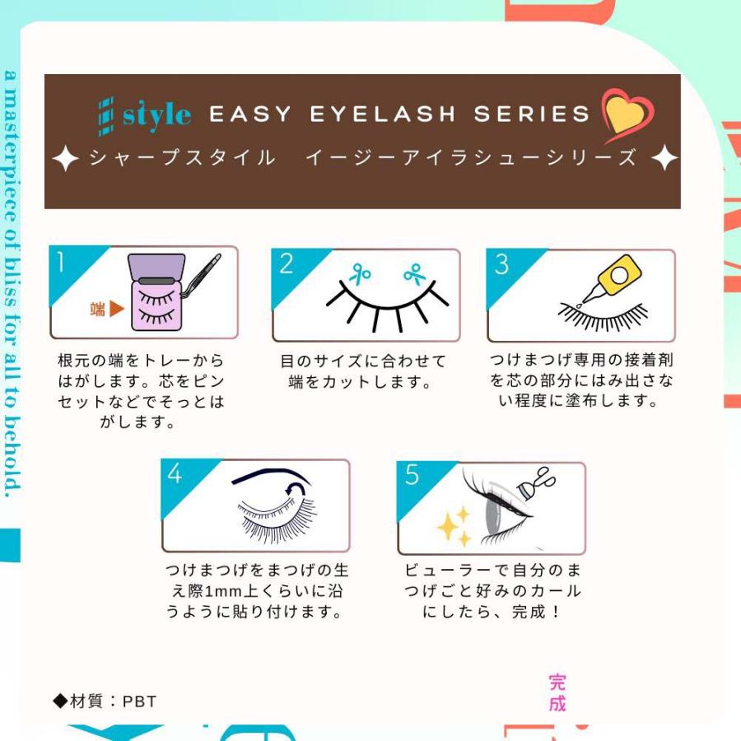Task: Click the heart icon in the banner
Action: pyautogui.click(x=627, y=114)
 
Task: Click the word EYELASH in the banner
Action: pyautogui.click(x=382, y=114)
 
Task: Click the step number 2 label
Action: pyautogui.click(x=286, y=264)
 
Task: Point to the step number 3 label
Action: pyautogui.click(x=501, y=265)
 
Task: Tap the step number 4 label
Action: pyautogui.click(x=175, y=474)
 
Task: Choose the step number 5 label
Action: pyautogui.click(x=412, y=475)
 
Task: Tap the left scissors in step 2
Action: pyautogui.click(x=360, y=273)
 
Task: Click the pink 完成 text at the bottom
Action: pyautogui.click(x=557, y=692)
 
